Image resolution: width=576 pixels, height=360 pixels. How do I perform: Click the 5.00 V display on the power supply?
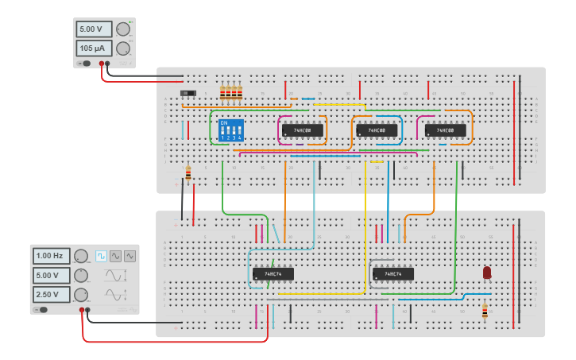[94, 29]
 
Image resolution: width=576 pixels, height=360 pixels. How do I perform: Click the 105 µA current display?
[94, 48]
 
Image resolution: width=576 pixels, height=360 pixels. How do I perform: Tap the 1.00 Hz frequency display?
[51, 256]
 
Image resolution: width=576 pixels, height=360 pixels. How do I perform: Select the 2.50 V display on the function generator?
[51, 295]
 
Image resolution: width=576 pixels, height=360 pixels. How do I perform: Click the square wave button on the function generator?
[101, 256]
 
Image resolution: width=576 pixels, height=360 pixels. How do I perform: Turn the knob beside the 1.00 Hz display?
[81, 256]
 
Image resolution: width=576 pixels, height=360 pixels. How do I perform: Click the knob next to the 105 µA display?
[123, 48]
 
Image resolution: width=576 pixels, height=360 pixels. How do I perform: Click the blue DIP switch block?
[230, 130]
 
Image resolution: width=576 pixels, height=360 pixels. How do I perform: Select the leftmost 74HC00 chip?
[303, 130]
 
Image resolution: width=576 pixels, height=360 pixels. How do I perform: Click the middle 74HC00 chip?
[377, 130]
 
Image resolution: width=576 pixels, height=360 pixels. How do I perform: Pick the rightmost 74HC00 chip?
[445, 130]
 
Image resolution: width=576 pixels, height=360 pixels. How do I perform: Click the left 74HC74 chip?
[273, 274]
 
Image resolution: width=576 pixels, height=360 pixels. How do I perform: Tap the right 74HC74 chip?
[392, 274]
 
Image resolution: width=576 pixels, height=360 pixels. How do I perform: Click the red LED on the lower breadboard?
[487, 273]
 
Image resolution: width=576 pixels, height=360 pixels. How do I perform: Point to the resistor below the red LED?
[485, 312]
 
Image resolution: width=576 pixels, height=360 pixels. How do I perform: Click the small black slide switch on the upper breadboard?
[187, 94]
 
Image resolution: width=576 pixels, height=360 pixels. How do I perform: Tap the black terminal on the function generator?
[88, 310]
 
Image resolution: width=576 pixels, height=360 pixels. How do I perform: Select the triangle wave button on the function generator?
[130, 256]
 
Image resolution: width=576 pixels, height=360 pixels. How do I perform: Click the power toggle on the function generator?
[41, 310]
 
